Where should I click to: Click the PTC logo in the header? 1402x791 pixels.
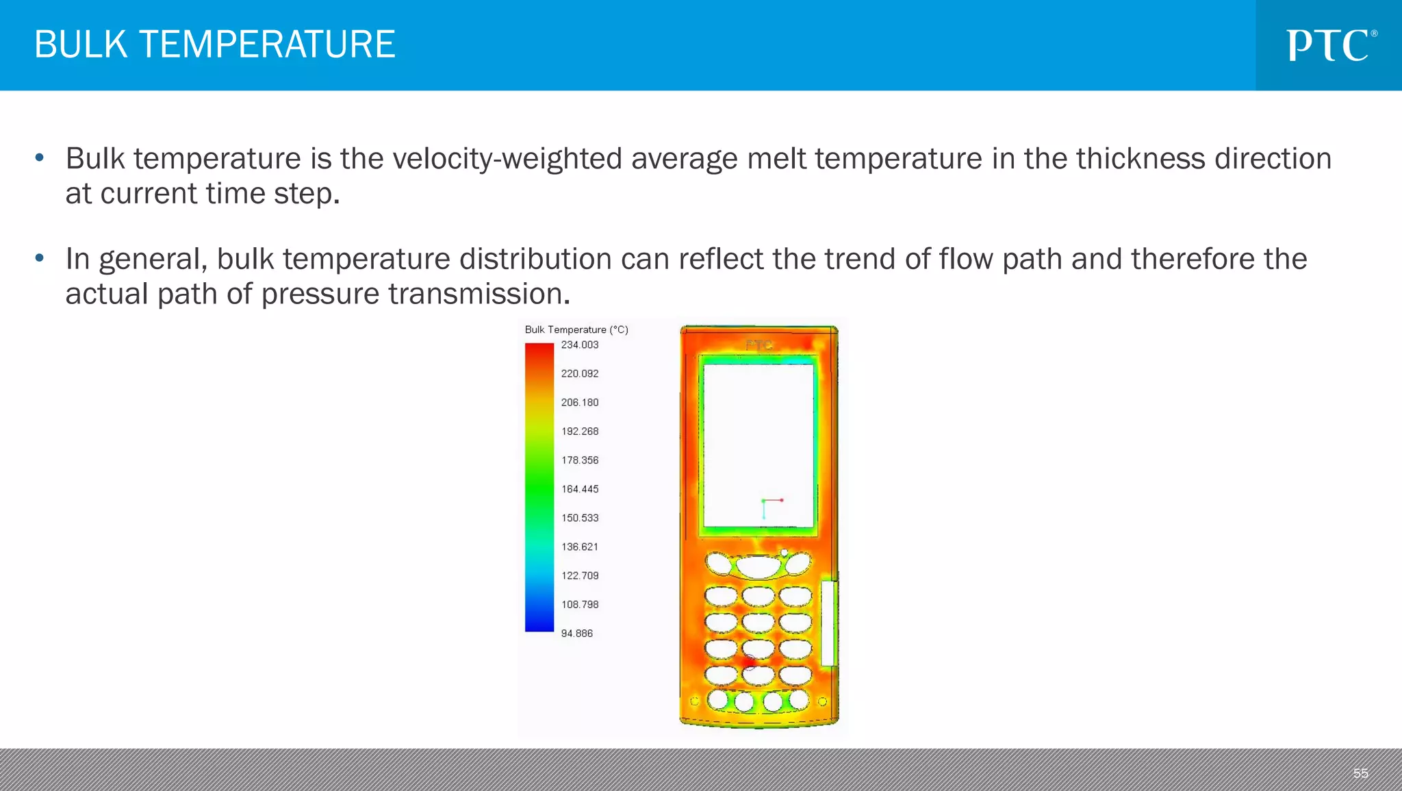(x=1331, y=45)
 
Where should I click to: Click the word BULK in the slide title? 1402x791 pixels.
(x=81, y=45)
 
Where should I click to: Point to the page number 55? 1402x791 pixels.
(x=1360, y=773)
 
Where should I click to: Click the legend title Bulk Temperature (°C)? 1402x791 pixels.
(x=576, y=329)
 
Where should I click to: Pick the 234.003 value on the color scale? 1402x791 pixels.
(x=579, y=344)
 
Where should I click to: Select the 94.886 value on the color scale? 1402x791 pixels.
(x=576, y=633)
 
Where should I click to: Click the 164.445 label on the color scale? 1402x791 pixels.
(x=579, y=489)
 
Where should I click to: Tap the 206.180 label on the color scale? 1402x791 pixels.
(x=579, y=403)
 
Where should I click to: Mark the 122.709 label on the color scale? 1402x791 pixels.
(x=579, y=576)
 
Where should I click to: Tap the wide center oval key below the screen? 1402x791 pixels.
(x=758, y=566)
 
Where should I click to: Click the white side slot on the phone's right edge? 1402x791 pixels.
(x=828, y=623)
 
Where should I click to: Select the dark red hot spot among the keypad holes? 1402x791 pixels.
(x=749, y=662)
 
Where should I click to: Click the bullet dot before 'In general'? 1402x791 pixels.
(x=40, y=259)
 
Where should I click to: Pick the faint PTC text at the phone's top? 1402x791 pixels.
(x=759, y=345)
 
